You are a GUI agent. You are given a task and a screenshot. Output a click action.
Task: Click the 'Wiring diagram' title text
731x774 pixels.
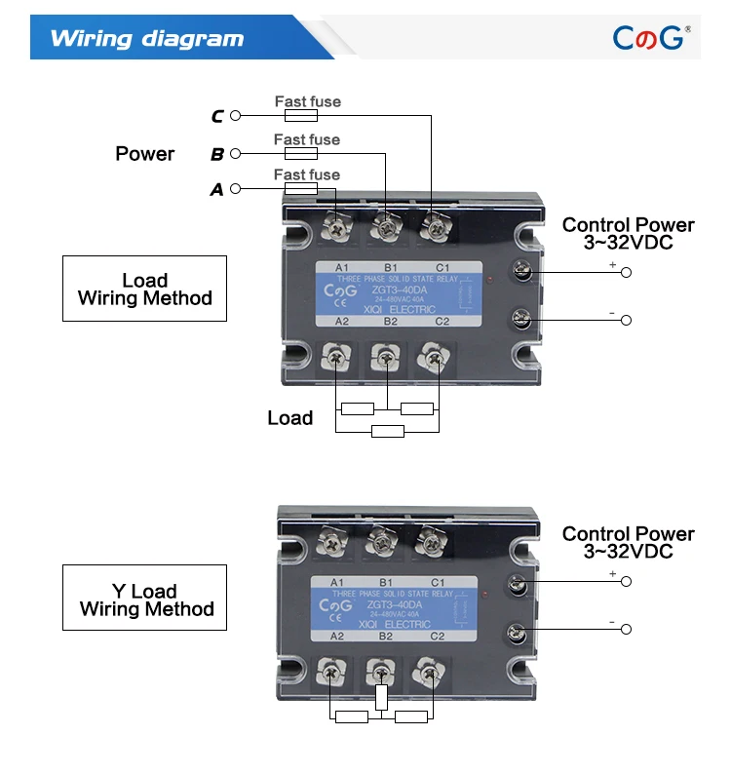pos(146,39)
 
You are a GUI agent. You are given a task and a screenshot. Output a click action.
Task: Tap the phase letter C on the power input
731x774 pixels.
pos(217,117)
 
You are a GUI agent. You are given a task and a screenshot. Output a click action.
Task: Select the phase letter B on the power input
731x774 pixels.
pos(217,154)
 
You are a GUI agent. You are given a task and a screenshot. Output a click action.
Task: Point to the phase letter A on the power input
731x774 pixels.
pos(217,190)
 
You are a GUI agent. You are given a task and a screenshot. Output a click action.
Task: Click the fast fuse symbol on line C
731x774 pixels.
pos(300,115)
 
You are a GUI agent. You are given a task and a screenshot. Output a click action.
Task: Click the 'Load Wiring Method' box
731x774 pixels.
pos(144,289)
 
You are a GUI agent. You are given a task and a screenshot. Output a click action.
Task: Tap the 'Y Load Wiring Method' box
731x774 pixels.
pos(144,600)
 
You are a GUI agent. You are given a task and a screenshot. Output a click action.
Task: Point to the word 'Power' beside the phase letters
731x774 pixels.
pos(144,154)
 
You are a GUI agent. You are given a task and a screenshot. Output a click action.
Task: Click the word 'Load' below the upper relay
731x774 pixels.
pos(289,418)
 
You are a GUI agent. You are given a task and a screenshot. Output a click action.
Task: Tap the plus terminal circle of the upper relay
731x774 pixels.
pos(626,272)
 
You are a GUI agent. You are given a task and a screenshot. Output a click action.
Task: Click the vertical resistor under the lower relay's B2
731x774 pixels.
pos(381,698)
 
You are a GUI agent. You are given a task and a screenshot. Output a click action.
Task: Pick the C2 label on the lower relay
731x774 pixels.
pos(437,636)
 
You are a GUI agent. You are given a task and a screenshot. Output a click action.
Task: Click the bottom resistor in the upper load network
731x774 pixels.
pos(388,430)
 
